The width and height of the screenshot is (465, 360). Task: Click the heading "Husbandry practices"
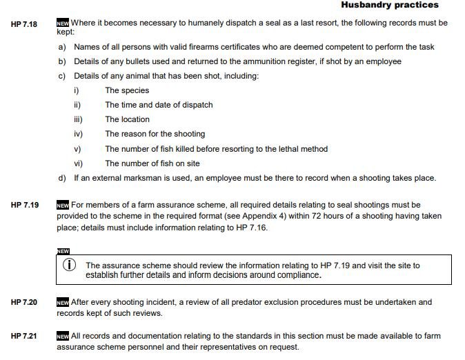click(390, 6)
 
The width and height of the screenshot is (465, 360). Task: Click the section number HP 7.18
click(24, 23)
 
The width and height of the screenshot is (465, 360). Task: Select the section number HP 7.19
click(24, 206)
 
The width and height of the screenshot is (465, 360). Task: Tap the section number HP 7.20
click(24, 303)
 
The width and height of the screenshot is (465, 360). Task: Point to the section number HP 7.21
click(24, 337)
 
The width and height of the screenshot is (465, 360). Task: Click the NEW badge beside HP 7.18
click(63, 23)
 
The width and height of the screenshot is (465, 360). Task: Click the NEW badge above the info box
click(63, 250)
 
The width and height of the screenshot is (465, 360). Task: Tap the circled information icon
click(69, 266)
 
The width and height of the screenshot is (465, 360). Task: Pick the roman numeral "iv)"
click(78, 134)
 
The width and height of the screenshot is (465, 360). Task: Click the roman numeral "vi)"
click(78, 163)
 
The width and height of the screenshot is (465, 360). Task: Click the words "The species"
click(127, 90)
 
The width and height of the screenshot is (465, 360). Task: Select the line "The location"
click(127, 119)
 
